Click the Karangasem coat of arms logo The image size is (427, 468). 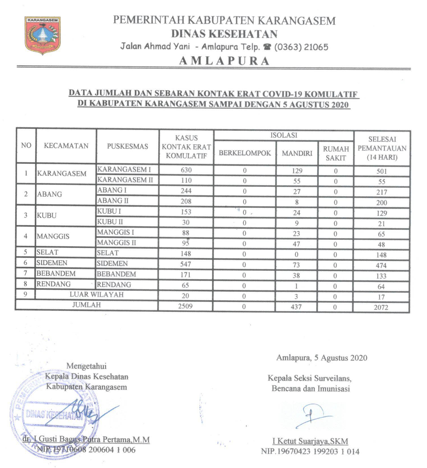(x=43, y=35)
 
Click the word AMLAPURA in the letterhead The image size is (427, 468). (x=224, y=61)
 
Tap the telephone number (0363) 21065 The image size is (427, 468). (x=301, y=47)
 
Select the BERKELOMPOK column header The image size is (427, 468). (x=245, y=153)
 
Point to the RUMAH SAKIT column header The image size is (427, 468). (x=336, y=153)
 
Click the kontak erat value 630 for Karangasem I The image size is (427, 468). (x=186, y=170)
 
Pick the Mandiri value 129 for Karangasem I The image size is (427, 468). (x=297, y=170)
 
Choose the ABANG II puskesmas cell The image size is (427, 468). (x=113, y=201)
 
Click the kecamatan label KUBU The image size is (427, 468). (x=47, y=215)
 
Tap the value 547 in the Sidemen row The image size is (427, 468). (x=186, y=264)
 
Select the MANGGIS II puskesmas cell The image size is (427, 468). (x=116, y=242)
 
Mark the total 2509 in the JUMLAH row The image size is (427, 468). (x=185, y=306)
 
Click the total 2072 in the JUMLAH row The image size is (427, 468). (x=381, y=307)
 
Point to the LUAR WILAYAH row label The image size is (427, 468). (x=96, y=295)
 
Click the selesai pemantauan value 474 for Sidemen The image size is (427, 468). (x=381, y=265)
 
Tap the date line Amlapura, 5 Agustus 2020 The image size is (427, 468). (x=322, y=358)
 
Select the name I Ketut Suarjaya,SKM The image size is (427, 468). (x=310, y=441)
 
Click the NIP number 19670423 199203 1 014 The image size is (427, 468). (x=310, y=451)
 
